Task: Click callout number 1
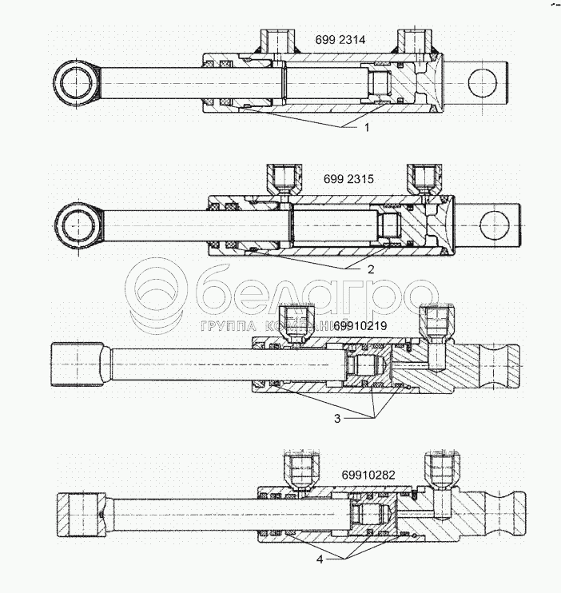tap(367, 128)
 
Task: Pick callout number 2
tap(371, 269)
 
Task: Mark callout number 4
tap(320, 559)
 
